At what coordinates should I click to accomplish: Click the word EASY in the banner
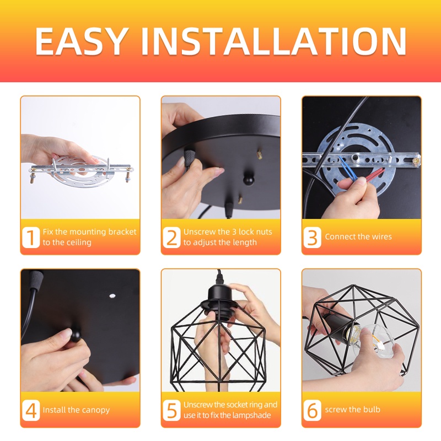[x=80, y=41]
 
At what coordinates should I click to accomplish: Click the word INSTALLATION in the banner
[x=273, y=41]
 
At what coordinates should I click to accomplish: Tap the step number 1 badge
[x=31, y=238]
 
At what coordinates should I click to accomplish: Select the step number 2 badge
[x=171, y=238]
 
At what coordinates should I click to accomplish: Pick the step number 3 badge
[x=312, y=238]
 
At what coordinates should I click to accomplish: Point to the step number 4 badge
[x=31, y=410]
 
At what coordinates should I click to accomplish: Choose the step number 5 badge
[x=171, y=410]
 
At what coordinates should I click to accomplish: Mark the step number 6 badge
[x=312, y=410]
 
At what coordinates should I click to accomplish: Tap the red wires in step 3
[x=375, y=175]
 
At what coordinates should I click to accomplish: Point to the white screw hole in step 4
[x=112, y=296]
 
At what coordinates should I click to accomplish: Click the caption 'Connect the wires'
[x=358, y=237]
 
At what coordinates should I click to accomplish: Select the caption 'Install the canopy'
[x=76, y=410]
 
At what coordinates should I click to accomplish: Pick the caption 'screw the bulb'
[x=353, y=410]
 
